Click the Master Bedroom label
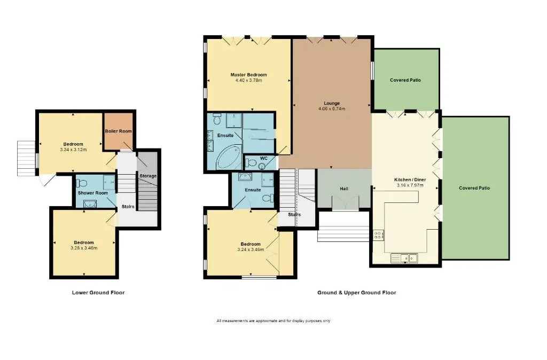click(248, 75)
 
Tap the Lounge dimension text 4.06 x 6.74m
click(332, 109)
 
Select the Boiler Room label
click(118, 131)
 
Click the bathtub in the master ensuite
click(229, 158)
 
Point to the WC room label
click(264, 159)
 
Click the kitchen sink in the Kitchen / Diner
click(404, 258)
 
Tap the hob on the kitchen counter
click(379, 235)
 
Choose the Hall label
click(344, 189)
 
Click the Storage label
click(148, 176)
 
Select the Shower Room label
click(93, 193)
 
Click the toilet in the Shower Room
click(81, 183)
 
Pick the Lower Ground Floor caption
click(98, 293)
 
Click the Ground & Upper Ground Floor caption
click(356, 293)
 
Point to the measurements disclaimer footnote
click(273, 320)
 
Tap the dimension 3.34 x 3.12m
click(73, 150)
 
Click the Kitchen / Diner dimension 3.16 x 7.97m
click(410, 185)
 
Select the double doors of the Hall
click(345, 203)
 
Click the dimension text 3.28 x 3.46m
click(84, 248)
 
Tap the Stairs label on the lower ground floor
click(128, 207)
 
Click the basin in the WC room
click(262, 167)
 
